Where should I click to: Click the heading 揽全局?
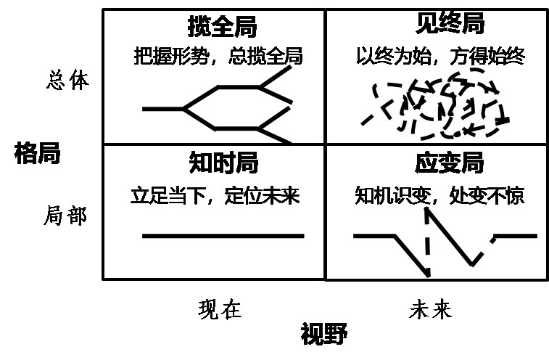pyautogui.click(x=223, y=26)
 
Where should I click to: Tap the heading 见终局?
pyautogui.click(x=450, y=23)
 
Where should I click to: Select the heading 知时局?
pyautogui.click(x=223, y=163)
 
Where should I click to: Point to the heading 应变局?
pyautogui.click(x=450, y=163)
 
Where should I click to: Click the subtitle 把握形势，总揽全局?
pyautogui.click(x=218, y=56)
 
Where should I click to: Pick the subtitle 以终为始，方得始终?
pyautogui.click(x=440, y=56)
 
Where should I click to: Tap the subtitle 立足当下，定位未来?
pyautogui.click(x=215, y=195)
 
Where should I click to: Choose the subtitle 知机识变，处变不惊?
pyautogui.click(x=439, y=195)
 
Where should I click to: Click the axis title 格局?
pyautogui.click(x=38, y=153)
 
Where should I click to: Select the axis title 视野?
pyautogui.click(x=324, y=333)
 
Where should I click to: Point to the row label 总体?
pyautogui.click(x=68, y=80)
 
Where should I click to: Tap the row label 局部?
pyautogui.click(x=65, y=215)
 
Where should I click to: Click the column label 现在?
pyautogui.click(x=220, y=309)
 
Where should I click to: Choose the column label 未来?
pyautogui.click(x=431, y=308)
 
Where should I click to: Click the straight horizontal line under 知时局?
pyautogui.click(x=223, y=236)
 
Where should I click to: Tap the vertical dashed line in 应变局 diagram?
pyautogui.click(x=427, y=242)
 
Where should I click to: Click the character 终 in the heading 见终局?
pyautogui.click(x=450, y=23)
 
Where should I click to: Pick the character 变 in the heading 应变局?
pyautogui.click(x=450, y=163)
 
